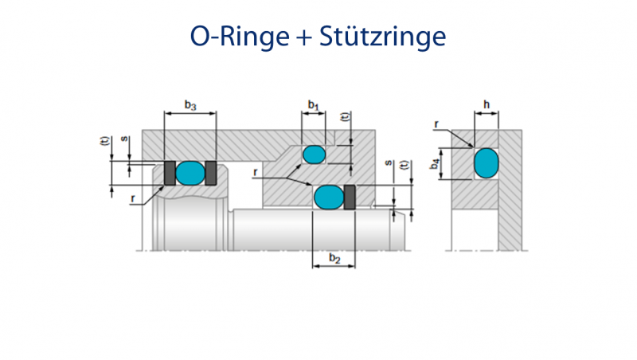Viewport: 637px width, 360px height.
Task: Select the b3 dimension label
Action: pyautogui.click(x=190, y=104)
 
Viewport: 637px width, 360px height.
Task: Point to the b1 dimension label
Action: pyautogui.click(x=313, y=104)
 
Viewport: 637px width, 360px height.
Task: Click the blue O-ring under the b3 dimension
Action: pyautogui.click(x=190, y=172)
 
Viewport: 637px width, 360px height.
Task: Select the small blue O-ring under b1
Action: pyautogui.click(x=313, y=154)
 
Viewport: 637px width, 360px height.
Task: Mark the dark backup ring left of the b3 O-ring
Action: pyautogui.click(x=169, y=172)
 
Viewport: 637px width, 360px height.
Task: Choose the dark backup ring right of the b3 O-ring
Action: pyautogui.click(x=210, y=172)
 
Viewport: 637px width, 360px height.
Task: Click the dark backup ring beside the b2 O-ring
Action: pyautogui.click(x=349, y=197)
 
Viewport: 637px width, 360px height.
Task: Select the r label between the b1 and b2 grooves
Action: pyautogui.click(x=254, y=172)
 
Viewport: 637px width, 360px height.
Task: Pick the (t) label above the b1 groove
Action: pyautogui.click(x=345, y=115)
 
